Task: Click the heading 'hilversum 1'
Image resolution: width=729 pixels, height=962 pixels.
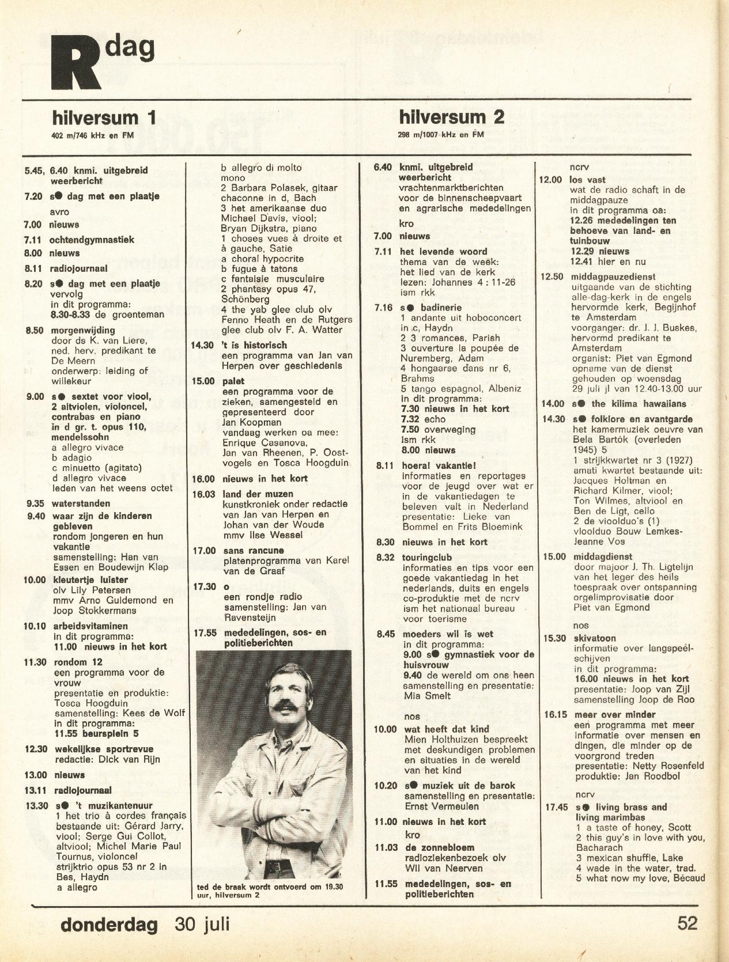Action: pos(104,118)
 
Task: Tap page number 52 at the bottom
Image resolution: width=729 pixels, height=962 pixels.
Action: pos(687,923)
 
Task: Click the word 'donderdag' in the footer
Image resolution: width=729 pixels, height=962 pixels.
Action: pos(109,925)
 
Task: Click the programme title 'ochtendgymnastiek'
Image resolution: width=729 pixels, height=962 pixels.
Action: pos(92,240)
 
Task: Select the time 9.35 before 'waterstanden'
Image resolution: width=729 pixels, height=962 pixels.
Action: pos(36,503)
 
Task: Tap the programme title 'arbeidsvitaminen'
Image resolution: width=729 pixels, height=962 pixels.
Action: pos(91,626)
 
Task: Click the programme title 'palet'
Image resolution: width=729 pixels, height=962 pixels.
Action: pos(233,381)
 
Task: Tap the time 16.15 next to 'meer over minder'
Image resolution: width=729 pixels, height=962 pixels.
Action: pos(556,715)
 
